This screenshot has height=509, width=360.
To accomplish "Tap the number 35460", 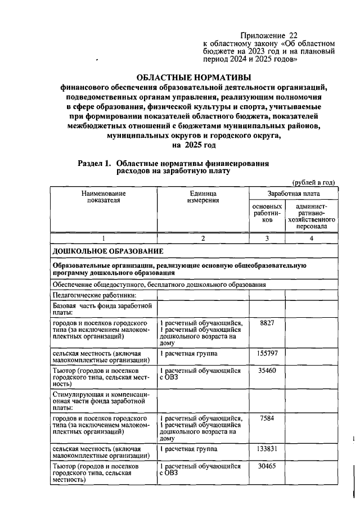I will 267,371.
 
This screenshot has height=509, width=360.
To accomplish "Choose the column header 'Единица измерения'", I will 203,197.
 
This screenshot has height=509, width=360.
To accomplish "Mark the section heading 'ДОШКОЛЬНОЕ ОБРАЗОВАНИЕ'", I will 108,250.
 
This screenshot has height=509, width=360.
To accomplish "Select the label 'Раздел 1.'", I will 95,163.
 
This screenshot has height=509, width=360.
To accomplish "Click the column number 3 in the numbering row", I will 267,238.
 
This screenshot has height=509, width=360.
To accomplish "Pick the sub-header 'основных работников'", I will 267,214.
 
